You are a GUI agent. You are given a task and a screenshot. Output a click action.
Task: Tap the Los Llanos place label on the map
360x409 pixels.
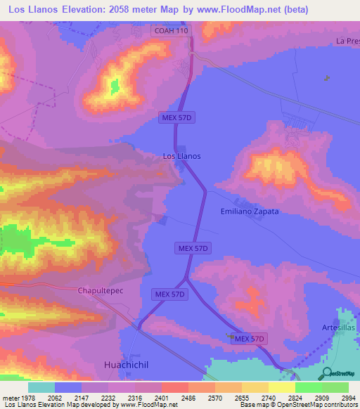coord(181,156)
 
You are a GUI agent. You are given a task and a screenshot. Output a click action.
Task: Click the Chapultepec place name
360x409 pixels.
coord(100,290)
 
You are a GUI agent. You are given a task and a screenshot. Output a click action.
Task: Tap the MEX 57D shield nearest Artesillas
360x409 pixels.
coord(250,339)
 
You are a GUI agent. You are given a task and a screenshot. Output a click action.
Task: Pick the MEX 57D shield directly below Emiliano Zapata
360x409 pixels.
coord(192,248)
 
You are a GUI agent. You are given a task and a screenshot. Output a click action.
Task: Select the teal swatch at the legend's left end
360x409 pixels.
coord(41,387)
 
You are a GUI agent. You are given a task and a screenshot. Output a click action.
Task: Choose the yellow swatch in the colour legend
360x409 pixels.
coord(281,387)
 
